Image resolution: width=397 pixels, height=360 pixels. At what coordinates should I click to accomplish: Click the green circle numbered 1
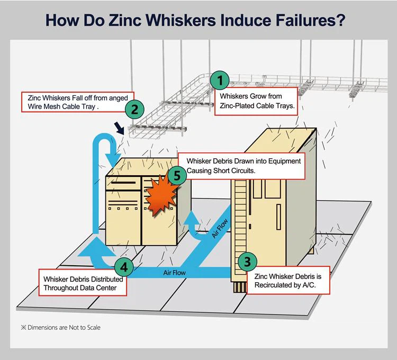click(x=220, y=82)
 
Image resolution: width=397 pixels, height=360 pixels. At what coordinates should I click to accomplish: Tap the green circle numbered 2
click(x=134, y=110)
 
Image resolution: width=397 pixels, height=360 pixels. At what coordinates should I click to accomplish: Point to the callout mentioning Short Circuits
click(x=241, y=166)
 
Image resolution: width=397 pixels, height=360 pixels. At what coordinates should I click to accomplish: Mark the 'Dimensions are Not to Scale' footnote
click(x=59, y=327)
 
